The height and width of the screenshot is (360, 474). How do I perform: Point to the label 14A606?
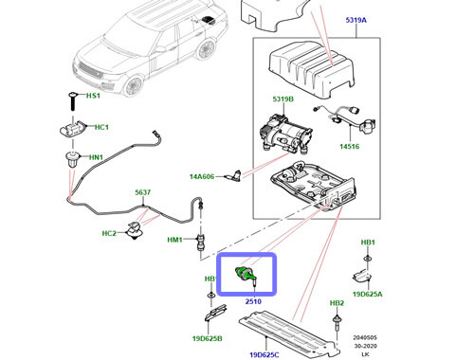pos(215,175)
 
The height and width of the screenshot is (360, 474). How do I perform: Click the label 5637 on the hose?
pos(141,192)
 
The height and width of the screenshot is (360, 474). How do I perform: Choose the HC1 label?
pos(101,127)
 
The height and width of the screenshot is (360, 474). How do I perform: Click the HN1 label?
pos(96,158)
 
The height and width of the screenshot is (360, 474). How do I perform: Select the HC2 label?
pos(109,233)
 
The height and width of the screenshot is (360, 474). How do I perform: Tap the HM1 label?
pos(174,240)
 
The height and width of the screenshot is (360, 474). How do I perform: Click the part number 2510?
pos(253,301)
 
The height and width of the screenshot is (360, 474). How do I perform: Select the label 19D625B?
pos(208,337)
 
